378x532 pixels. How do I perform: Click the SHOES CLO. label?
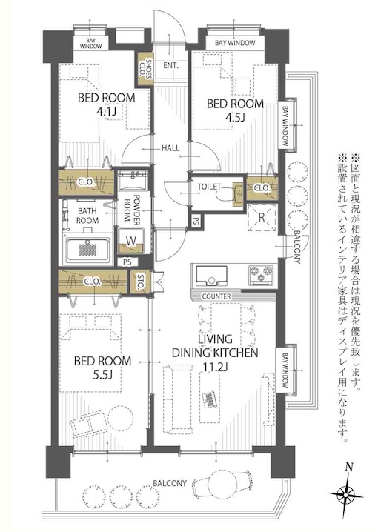coord(145,69)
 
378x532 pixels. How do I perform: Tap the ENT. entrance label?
coord(170,65)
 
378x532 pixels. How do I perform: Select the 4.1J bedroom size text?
coord(107,112)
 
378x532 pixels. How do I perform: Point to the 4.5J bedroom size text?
coord(235,117)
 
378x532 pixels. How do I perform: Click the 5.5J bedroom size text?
coord(102,375)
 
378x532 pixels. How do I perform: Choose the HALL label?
coord(170,148)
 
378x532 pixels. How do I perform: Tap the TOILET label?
coord(209,187)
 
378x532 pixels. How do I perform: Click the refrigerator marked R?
coord(262,218)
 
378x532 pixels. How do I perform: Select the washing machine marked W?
coord(130,242)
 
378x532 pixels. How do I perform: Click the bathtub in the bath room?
coord(88,250)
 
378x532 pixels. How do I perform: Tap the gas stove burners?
coord(261,274)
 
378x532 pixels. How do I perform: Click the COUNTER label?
coord(216,296)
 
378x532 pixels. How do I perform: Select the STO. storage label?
coord(139,282)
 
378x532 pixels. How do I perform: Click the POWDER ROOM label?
coord(132,208)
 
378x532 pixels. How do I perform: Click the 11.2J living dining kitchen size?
coord(215,367)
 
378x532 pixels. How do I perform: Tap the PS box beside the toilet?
coord(196,222)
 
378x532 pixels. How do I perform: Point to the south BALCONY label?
coord(170,483)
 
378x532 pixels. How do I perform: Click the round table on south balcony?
coord(224,481)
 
